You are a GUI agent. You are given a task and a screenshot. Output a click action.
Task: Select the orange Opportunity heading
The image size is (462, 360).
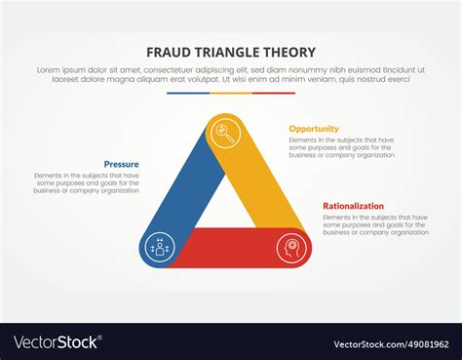click(x=314, y=128)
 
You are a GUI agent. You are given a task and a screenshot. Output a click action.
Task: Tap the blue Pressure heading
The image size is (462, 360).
click(x=121, y=164)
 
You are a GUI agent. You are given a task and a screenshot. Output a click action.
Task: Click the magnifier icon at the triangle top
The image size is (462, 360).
click(x=223, y=131)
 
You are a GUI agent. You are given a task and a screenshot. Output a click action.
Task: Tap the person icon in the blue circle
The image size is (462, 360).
click(x=158, y=249)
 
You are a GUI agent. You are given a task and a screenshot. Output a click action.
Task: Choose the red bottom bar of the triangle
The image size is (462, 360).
click(x=226, y=248)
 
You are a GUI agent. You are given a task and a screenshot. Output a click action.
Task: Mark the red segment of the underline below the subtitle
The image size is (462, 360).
click(x=274, y=95)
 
